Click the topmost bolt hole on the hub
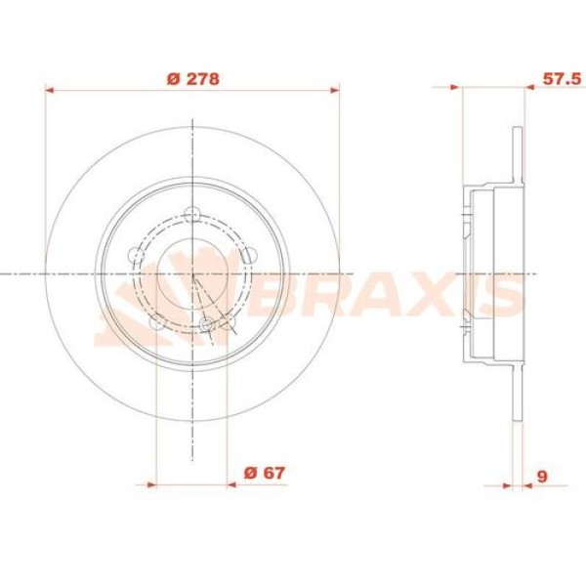(x=193, y=215)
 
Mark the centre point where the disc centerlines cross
(x=193, y=274)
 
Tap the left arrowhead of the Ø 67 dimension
(x=150, y=483)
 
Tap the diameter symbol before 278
(x=172, y=79)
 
